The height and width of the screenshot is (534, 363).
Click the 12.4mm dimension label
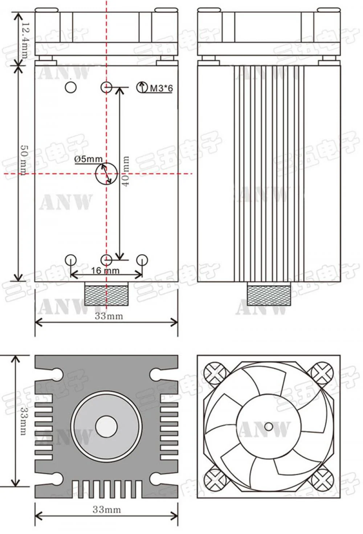[25, 40]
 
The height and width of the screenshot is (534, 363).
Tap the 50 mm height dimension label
[24, 160]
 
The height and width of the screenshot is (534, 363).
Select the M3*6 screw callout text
[161, 88]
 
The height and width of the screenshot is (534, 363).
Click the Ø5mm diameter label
[88, 159]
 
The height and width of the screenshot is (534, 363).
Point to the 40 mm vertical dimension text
[125, 171]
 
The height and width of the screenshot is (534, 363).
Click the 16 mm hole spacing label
[105, 271]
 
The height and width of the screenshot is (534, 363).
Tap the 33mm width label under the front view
[109, 316]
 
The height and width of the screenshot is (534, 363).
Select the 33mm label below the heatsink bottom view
[107, 510]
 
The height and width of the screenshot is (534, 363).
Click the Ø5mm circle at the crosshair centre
[106, 174]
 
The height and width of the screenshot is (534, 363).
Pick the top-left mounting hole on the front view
[71, 87]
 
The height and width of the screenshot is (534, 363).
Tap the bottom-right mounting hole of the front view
[142, 260]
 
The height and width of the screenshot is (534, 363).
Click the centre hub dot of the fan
[269, 426]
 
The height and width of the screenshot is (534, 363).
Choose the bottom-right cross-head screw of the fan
[322, 479]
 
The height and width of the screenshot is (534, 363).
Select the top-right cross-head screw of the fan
[322, 373]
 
